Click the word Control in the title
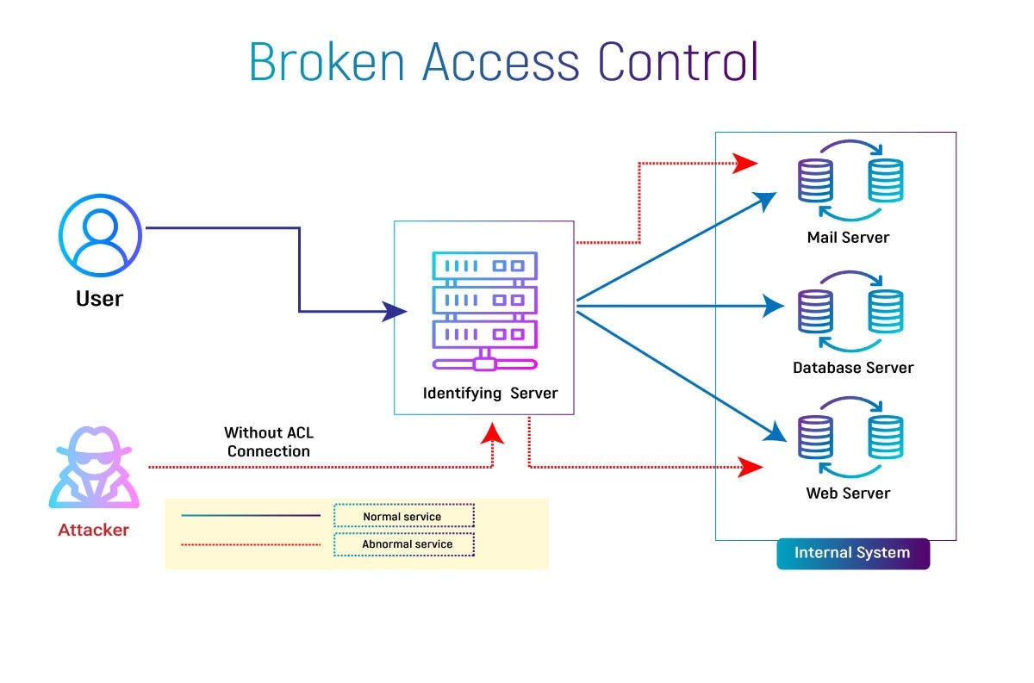coord(678,62)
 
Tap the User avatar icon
coord(100,234)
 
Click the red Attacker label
coord(93,531)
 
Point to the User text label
coord(100,300)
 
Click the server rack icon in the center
coord(484,310)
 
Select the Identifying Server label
coord(490,394)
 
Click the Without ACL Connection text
coord(269,442)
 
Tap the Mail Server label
coord(848,238)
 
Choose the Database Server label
coord(853,368)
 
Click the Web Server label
coord(848,494)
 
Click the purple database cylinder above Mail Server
coord(815,180)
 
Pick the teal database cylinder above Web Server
coord(886,437)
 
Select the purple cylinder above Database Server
coord(815,311)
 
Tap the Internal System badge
coord(852,553)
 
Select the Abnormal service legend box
coord(405,544)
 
